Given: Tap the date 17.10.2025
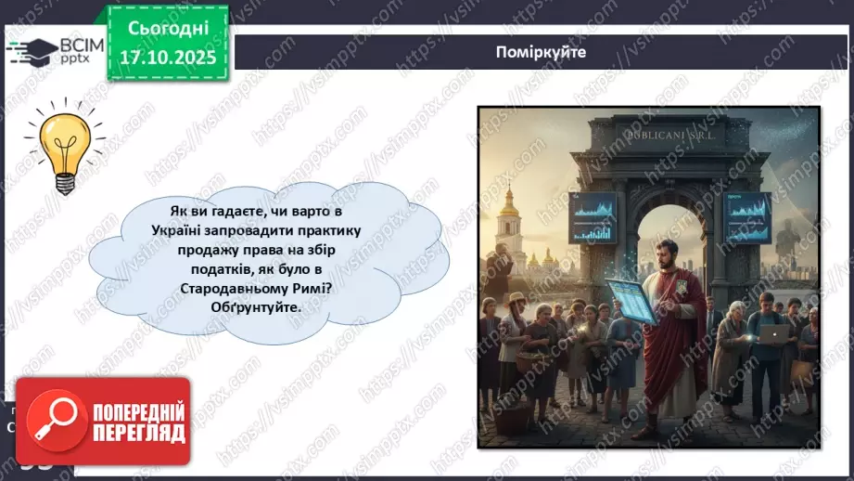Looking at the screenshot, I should (166, 58).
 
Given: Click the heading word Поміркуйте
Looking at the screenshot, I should (541, 52).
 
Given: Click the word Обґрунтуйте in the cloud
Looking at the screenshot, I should (249, 309).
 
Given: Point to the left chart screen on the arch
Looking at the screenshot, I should (593, 216).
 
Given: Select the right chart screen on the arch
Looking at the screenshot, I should (746, 216).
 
